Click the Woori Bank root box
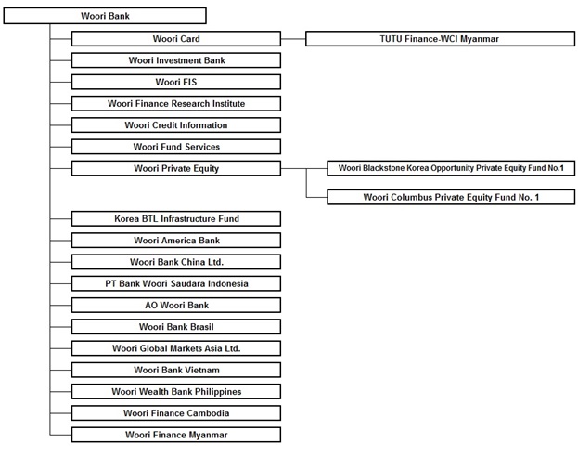105,16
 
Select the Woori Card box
176,39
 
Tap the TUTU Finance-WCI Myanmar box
440,39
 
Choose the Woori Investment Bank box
176,60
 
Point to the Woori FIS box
176,82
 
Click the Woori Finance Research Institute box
176,103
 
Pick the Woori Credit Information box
176,125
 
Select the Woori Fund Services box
176,147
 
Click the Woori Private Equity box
176,168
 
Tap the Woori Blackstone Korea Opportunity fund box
451,168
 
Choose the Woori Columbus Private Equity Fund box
451,197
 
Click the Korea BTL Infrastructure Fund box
176,219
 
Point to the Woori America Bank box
176,241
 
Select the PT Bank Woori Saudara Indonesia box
176,283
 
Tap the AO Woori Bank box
176,305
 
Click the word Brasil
202,327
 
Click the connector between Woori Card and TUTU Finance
293,39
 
